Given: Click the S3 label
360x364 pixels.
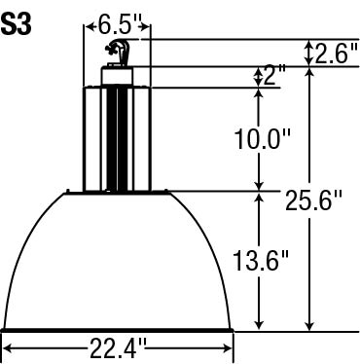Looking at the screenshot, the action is (17, 24).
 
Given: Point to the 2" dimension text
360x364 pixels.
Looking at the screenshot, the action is (274, 75).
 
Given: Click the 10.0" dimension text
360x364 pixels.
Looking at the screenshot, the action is (262, 139).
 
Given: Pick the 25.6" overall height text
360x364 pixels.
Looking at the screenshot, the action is (313, 200).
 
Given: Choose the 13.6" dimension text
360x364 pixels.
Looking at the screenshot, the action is (261, 261).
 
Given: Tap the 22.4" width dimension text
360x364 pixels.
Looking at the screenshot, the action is (118, 348).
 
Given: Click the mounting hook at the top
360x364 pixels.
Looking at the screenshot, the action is (118, 52).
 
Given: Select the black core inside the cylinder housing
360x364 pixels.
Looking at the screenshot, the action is (117, 139).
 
